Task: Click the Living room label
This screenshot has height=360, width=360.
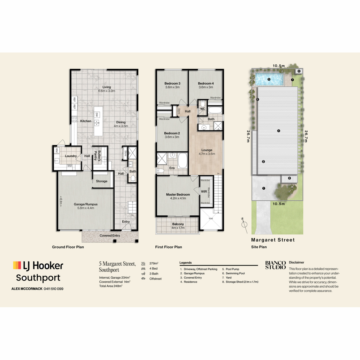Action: [106, 87]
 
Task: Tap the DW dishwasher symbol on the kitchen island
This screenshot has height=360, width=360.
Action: [97, 115]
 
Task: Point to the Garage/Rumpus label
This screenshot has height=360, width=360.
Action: [85, 204]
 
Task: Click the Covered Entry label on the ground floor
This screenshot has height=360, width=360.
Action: [110, 235]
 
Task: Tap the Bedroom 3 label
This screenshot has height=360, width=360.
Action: [172, 83]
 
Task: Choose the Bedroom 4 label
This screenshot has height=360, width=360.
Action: [206, 83]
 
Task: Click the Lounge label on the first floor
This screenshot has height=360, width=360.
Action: [207, 150]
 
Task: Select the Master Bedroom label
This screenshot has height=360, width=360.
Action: [178, 194]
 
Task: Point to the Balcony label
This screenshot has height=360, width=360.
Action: [178, 224]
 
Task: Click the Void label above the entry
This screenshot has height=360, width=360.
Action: [211, 218]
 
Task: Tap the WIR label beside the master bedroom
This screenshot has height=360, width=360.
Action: [204, 191]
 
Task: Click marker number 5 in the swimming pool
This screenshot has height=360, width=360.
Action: [269, 79]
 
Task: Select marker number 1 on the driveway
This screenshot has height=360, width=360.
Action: [264, 188]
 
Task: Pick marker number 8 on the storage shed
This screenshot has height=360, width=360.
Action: [299, 71]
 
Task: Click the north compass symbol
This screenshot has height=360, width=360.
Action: [244, 225]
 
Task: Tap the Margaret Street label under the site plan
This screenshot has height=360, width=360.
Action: [273, 240]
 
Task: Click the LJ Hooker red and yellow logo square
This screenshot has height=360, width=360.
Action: [17, 265]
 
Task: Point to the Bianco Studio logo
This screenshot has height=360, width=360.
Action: [276, 265]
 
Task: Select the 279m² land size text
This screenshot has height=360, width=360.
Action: [154, 263]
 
